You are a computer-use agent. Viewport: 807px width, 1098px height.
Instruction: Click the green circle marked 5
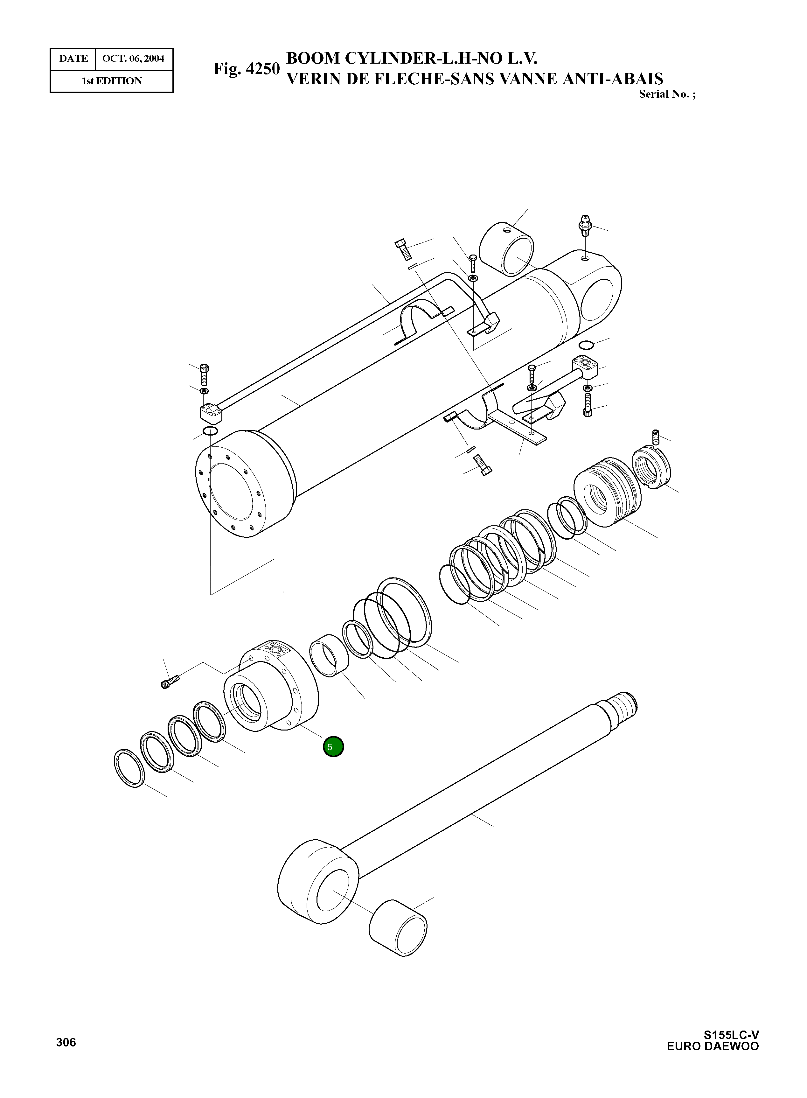[333, 747]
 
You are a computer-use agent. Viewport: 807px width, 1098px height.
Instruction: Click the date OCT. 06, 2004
[133, 59]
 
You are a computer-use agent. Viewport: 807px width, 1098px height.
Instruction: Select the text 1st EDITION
[112, 81]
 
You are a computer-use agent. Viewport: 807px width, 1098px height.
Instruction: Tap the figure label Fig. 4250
[246, 69]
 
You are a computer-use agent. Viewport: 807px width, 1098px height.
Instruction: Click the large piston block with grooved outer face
[607, 491]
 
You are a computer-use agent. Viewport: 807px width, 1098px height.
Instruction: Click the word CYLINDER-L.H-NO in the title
[439, 59]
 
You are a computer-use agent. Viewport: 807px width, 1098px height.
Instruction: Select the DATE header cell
[73, 59]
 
